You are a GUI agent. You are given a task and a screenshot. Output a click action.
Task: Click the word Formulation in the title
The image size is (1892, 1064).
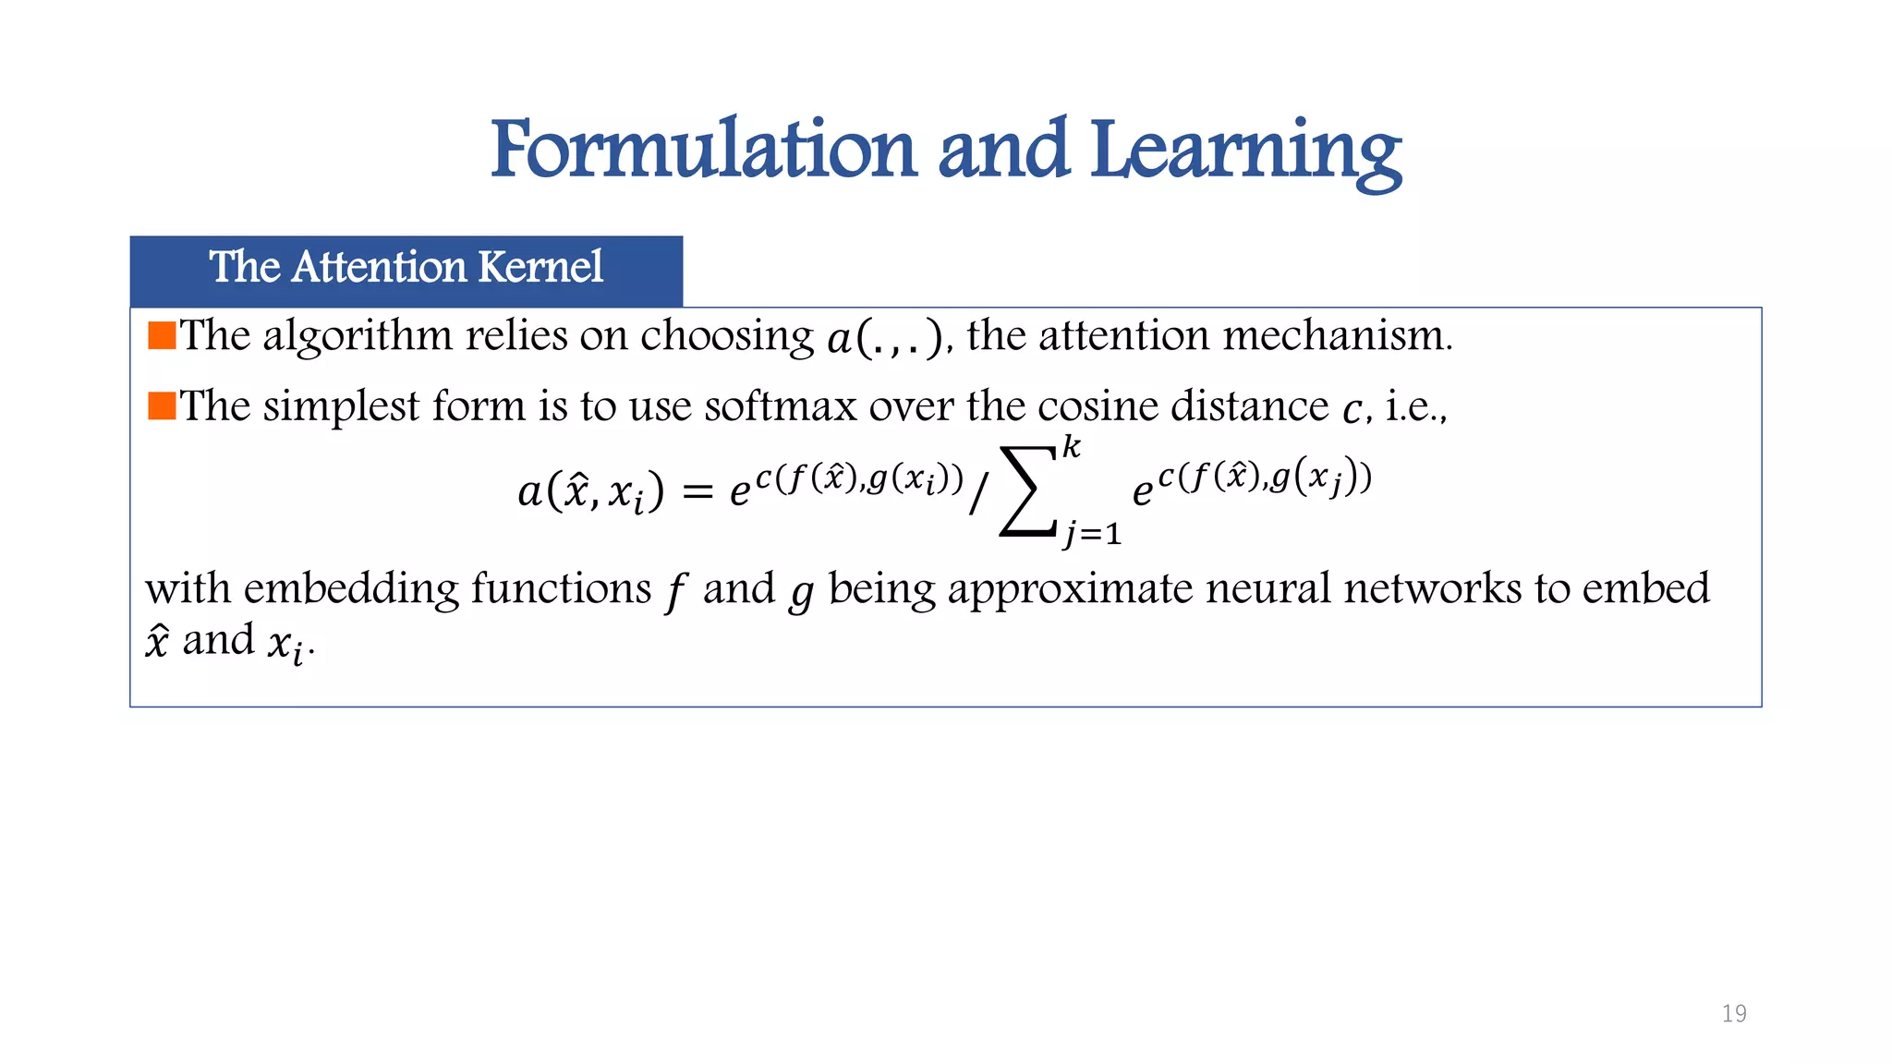(x=703, y=151)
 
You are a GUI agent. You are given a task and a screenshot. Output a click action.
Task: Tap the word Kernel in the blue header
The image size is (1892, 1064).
(x=541, y=267)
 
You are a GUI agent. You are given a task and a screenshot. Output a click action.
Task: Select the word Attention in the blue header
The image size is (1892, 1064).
(x=380, y=267)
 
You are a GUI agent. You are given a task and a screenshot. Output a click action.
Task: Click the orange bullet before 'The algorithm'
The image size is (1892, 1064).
(x=162, y=335)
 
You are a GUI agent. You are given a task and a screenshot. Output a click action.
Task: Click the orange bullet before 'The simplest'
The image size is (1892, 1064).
(x=162, y=405)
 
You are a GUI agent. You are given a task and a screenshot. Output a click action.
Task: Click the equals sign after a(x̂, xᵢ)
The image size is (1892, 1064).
(x=697, y=492)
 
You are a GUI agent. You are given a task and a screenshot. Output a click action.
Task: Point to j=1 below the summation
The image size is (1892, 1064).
(x=1092, y=534)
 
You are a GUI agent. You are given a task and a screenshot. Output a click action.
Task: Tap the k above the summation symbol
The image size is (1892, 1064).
(x=1071, y=448)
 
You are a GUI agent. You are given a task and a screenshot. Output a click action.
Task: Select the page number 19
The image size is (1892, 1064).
(x=1734, y=1013)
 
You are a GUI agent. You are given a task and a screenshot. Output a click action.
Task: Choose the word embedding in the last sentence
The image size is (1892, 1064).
(x=351, y=589)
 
